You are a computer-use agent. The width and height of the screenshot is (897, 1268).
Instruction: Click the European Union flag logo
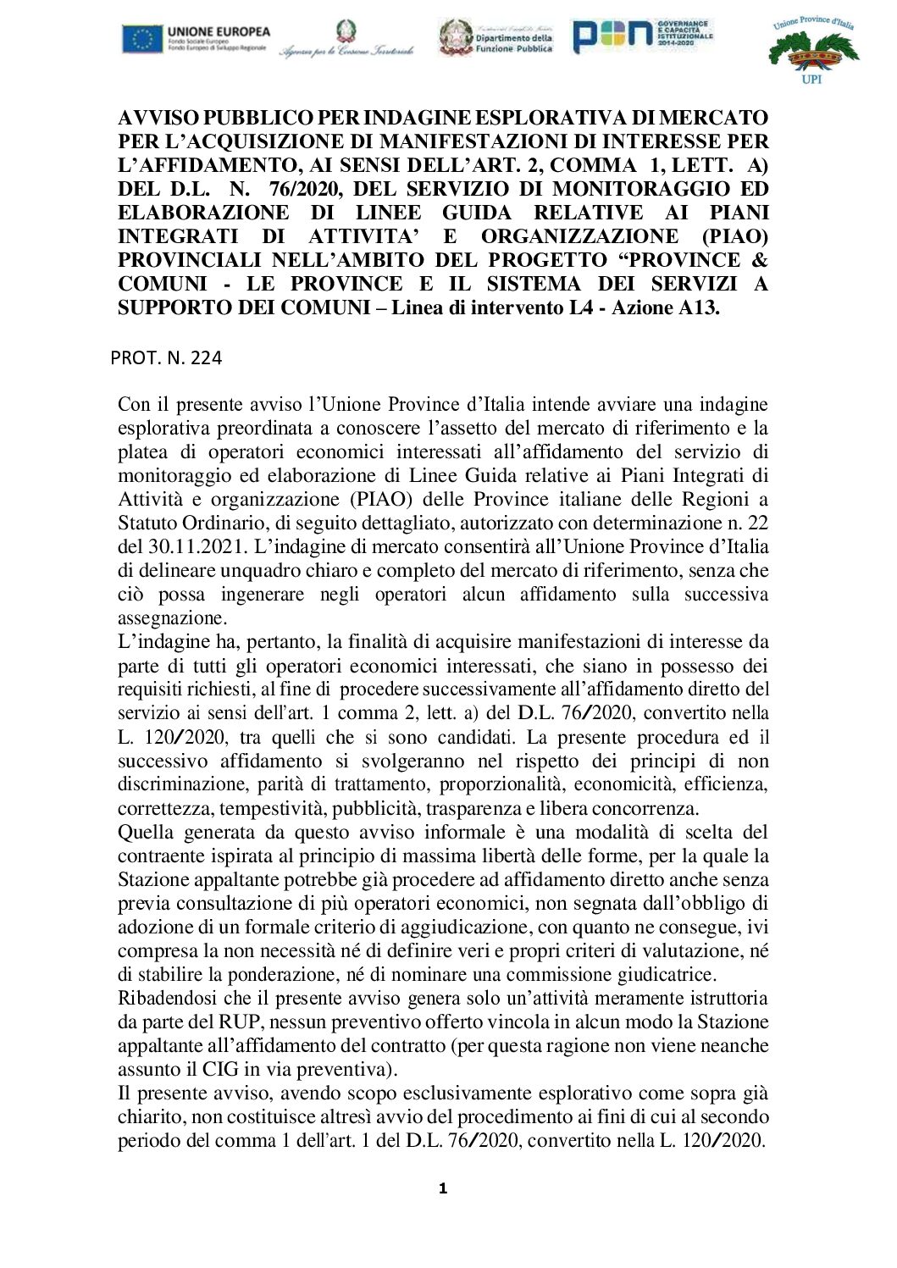pyautogui.click(x=142, y=39)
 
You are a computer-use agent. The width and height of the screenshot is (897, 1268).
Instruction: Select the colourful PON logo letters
pyautogui.click(x=613, y=36)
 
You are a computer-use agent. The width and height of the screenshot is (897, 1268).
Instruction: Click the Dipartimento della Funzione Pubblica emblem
pyautogui.click(x=456, y=38)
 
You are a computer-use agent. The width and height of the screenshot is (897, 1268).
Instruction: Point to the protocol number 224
pyautogui.click(x=206, y=358)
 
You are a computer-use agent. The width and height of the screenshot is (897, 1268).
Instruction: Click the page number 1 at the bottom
pyautogui.click(x=442, y=1188)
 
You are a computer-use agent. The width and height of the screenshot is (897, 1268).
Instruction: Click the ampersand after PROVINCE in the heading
pyautogui.click(x=760, y=260)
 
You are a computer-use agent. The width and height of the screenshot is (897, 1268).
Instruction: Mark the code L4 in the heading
pyautogui.click(x=581, y=307)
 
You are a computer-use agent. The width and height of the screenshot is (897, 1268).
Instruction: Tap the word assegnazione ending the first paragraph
pyautogui.click(x=170, y=617)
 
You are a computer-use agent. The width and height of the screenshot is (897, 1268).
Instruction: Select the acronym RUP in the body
pyautogui.click(x=241, y=1022)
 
